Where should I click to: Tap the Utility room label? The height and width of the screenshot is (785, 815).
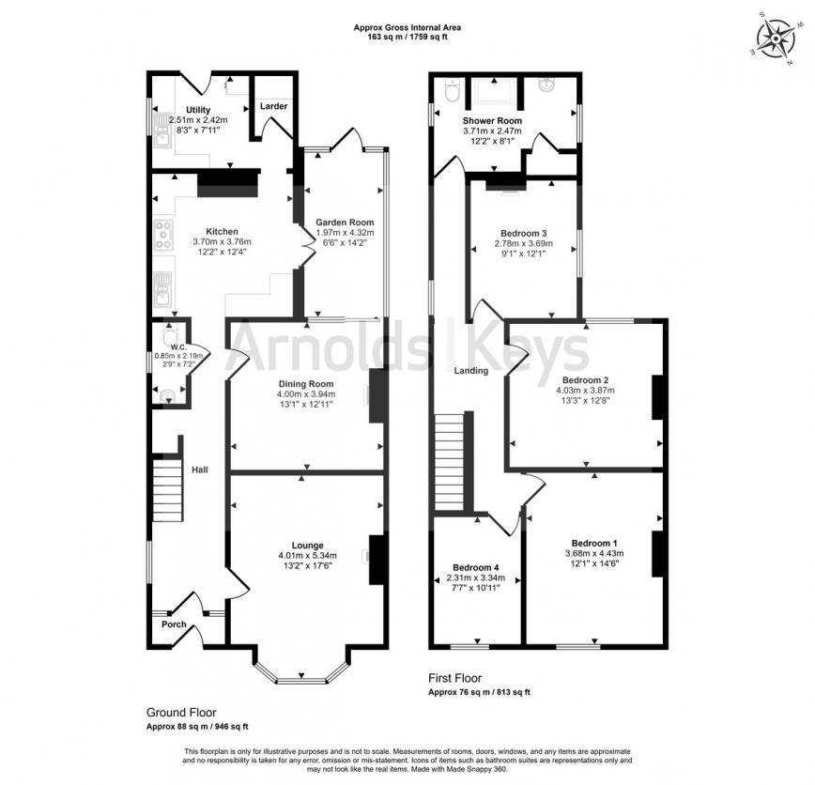198,110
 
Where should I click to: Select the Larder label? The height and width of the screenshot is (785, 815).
274,106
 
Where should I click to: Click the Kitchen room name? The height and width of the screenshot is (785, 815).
223,231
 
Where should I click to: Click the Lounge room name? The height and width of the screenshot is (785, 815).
307,545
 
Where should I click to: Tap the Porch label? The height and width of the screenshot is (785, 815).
174,624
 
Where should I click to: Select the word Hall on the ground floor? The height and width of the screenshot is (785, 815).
200,469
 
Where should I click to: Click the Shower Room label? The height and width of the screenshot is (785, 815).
491,121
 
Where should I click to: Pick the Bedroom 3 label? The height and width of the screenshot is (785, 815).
524,233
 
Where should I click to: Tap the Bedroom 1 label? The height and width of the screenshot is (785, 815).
594,543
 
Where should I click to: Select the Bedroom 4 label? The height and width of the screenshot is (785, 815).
475,568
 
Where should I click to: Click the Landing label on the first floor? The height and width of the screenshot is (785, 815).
471,371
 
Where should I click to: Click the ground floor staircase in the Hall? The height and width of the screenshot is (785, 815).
166,488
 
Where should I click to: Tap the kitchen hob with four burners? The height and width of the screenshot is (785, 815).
163,234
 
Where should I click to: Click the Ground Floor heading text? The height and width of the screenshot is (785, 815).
183,713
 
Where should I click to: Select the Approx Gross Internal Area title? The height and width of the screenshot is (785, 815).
407,28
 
